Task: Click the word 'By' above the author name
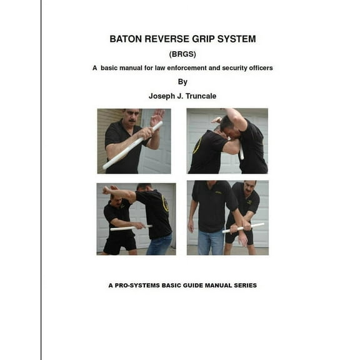[x=182, y=82]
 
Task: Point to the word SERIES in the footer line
[x=243, y=285]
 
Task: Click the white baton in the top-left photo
[x=132, y=145]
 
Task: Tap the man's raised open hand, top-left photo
[x=157, y=117]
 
